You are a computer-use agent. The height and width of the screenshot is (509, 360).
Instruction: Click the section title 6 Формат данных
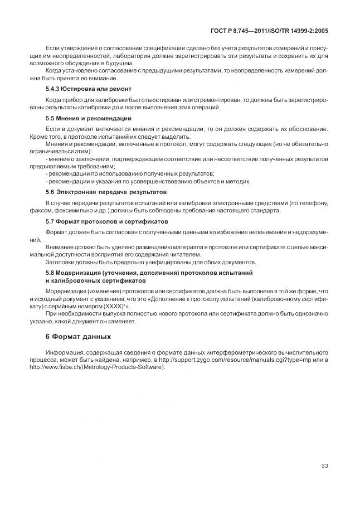[77, 336]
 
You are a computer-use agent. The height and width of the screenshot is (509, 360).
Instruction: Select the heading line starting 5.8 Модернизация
[149, 273]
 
